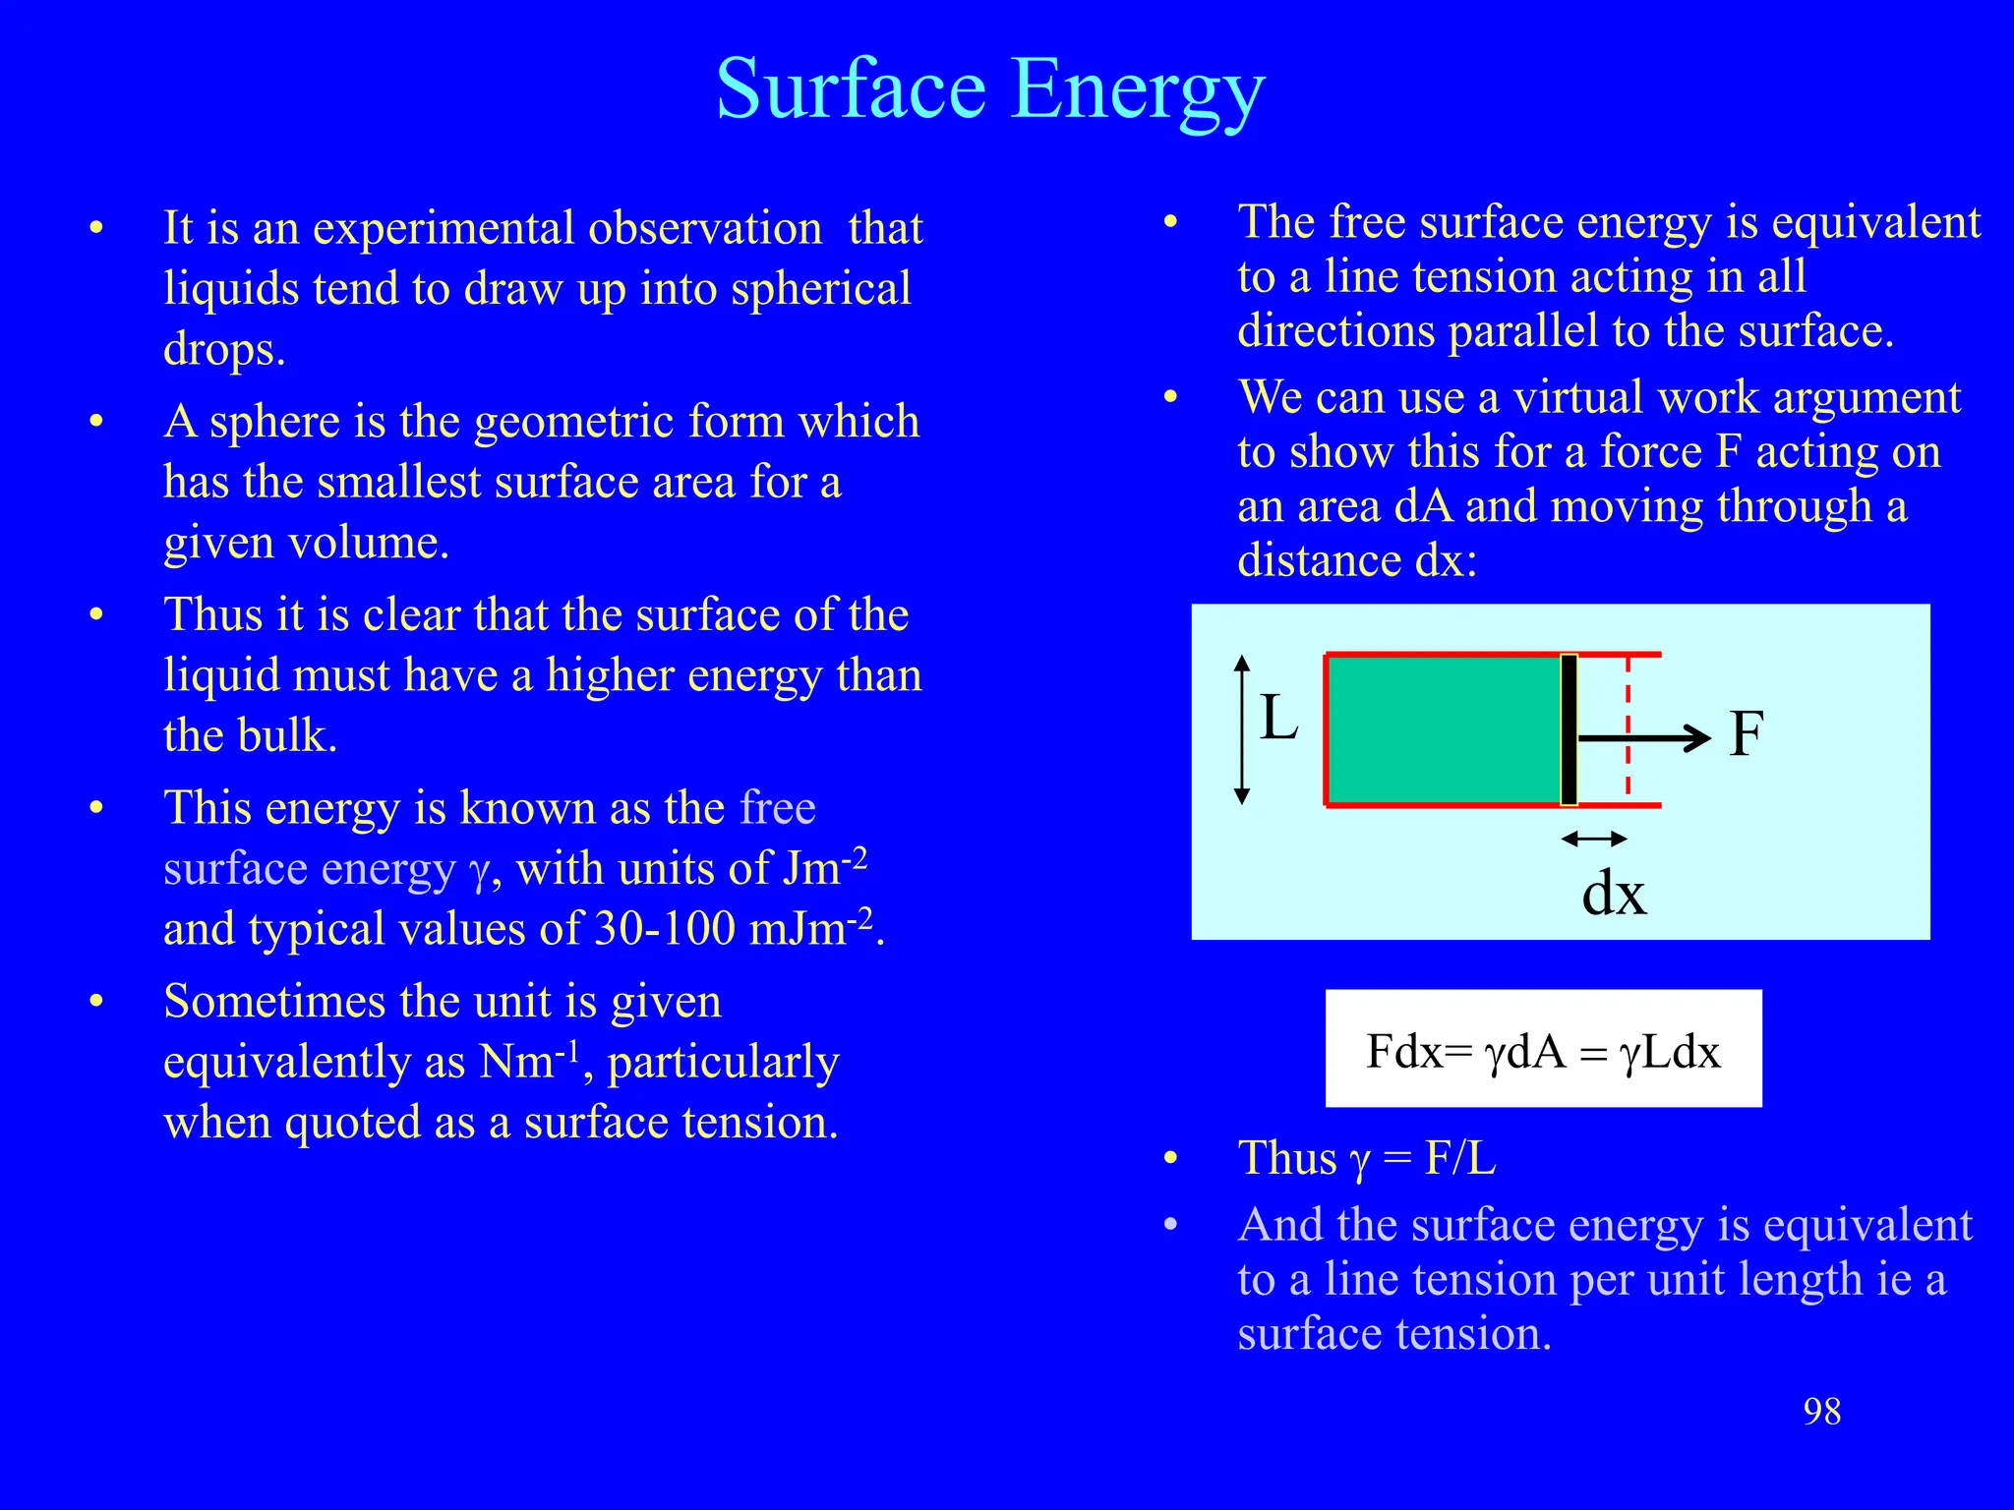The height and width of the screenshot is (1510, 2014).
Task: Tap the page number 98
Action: tap(1821, 1412)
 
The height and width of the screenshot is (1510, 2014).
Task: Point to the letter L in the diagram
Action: tap(1278, 718)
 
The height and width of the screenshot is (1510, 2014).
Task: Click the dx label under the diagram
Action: tap(1614, 894)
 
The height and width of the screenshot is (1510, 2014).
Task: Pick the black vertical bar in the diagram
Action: tap(1569, 729)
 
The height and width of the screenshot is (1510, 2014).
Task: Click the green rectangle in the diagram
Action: tap(1443, 729)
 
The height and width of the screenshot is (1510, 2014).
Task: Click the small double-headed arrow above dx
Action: tap(1594, 839)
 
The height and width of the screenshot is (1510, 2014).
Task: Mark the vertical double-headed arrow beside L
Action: tap(1242, 729)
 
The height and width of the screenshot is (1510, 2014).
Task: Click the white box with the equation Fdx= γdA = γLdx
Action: tap(1543, 1049)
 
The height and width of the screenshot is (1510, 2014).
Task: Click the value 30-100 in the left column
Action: tap(665, 929)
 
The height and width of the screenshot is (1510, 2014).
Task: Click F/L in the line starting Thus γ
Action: tap(1460, 1158)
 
